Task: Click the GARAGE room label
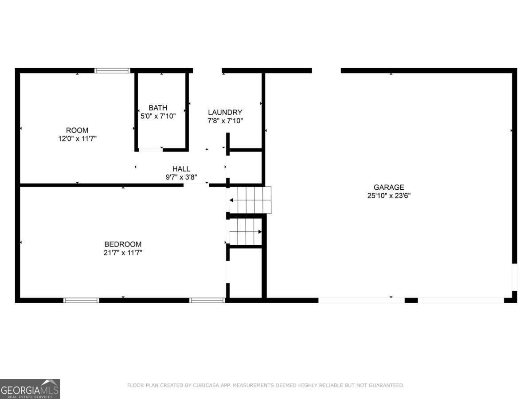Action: coord(388,188)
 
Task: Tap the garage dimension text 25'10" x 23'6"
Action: coord(388,196)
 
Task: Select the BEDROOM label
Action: coord(123,244)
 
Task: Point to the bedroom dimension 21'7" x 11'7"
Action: coord(123,253)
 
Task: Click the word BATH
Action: coord(158,108)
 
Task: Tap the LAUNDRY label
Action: coord(225,113)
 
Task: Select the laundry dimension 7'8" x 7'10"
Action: coord(225,121)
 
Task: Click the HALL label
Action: coord(181,169)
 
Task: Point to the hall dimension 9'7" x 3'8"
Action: coord(181,177)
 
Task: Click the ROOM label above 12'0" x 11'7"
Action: coord(77,130)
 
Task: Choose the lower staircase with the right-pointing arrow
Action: coord(244,232)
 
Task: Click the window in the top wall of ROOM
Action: coord(113,70)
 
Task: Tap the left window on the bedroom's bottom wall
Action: coord(81,300)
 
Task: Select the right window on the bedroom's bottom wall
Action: coord(207,300)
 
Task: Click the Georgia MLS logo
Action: coord(30,389)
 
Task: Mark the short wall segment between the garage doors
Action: coord(411,300)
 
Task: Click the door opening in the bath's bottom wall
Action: coord(151,150)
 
